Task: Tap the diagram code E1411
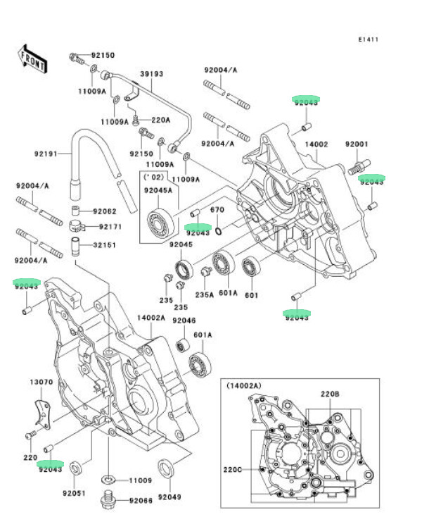coord(367,39)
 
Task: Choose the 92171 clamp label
coord(110,226)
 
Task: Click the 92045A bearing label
coord(157,190)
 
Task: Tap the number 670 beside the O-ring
coord(217,210)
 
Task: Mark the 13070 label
coord(41,382)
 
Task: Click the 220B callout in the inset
coord(331,393)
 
